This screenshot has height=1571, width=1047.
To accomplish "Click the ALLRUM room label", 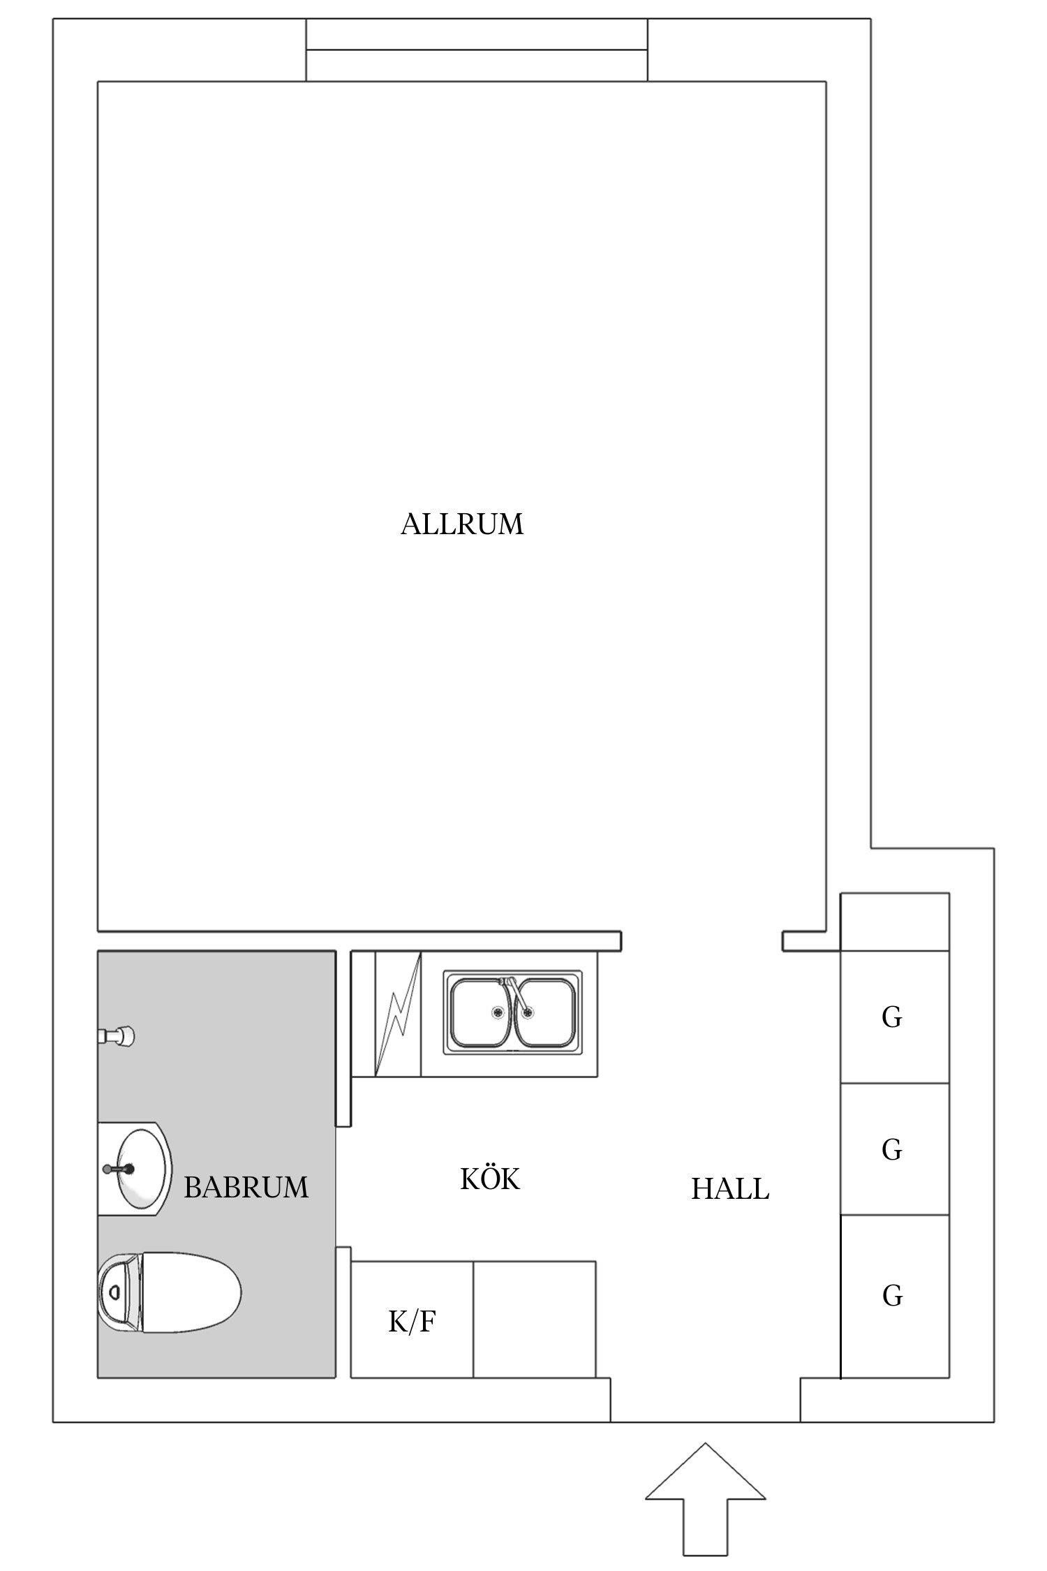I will tap(462, 524).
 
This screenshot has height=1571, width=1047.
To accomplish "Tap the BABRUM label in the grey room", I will tap(246, 1186).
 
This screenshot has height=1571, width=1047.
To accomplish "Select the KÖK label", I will tap(490, 1179).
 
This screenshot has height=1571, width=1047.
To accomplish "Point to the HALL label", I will tap(730, 1188).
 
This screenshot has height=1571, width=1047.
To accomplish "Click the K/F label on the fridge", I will tap(412, 1322).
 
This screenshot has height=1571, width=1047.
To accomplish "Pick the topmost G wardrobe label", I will tap(892, 1018).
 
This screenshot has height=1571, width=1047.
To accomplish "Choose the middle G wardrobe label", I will tap(892, 1149).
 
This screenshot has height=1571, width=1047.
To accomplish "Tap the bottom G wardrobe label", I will tap(892, 1296).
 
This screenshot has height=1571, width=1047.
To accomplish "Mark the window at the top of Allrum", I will tap(477, 50).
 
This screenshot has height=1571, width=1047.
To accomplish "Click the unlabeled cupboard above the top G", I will tap(895, 922).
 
